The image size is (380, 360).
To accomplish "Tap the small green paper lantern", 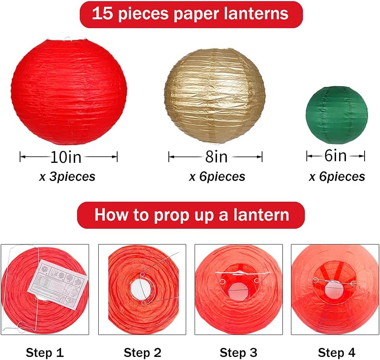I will [x=336, y=115].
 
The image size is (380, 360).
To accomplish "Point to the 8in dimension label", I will [x=216, y=157].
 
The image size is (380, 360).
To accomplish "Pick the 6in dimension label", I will [x=335, y=156].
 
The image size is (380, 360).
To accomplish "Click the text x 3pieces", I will [x=67, y=177].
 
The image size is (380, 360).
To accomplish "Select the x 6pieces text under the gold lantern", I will [x=217, y=177].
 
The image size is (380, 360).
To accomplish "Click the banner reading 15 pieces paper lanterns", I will [x=190, y=14].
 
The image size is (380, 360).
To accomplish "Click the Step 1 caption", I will [x=45, y=352].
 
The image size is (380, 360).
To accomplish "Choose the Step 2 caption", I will [x=142, y=352].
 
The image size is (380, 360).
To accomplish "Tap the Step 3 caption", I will [x=238, y=352].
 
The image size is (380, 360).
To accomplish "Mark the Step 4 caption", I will [x=336, y=352].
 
